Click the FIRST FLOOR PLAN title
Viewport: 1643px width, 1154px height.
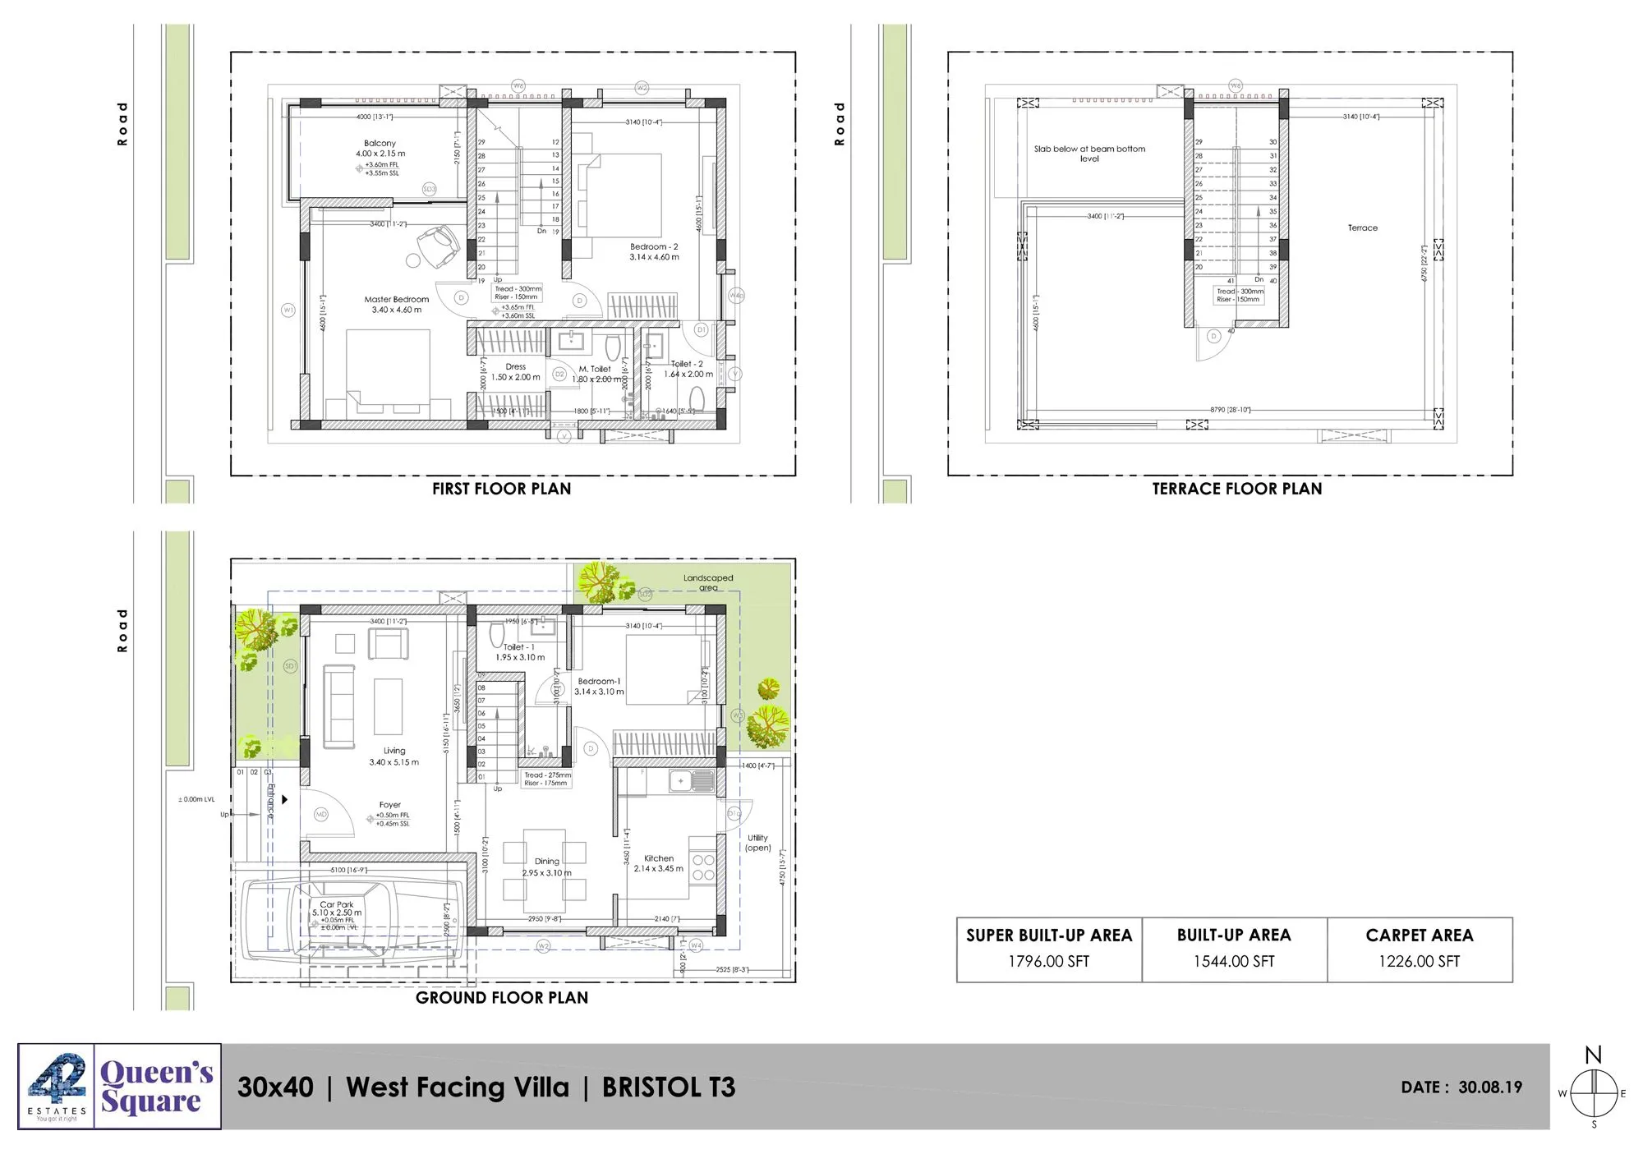tap(501, 489)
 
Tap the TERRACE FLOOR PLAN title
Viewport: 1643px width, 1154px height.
tap(1236, 489)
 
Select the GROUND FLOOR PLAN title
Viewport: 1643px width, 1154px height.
tap(501, 998)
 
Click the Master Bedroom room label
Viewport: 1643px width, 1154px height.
tap(396, 300)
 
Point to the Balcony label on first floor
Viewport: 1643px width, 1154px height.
tap(380, 144)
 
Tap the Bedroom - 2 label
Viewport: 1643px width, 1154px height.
tap(654, 247)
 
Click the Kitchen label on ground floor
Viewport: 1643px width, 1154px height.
tap(659, 858)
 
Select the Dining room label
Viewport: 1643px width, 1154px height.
tap(546, 862)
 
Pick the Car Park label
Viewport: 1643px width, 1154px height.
tap(337, 904)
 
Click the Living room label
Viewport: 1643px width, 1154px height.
tap(394, 751)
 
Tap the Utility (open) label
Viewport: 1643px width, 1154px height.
tap(757, 843)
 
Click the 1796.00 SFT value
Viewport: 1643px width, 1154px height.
tap(1048, 961)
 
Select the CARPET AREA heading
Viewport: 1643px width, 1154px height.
tap(1419, 936)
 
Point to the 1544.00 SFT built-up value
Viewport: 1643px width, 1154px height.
tap(1233, 961)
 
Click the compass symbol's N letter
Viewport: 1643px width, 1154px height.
tap(1593, 1055)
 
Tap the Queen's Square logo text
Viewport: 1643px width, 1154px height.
tap(156, 1087)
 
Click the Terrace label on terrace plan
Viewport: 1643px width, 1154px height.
tap(1362, 228)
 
